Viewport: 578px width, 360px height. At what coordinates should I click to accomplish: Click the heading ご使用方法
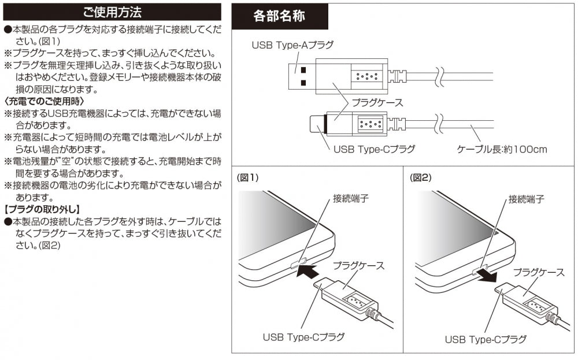click(x=112, y=12)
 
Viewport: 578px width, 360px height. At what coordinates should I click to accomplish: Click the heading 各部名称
click(x=279, y=16)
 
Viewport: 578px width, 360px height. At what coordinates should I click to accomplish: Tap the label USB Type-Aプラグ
click(x=292, y=44)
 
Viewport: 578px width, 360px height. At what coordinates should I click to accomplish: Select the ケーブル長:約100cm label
click(x=502, y=149)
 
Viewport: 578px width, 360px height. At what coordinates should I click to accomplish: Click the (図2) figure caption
click(x=421, y=178)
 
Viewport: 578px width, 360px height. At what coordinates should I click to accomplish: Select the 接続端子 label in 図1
click(x=351, y=199)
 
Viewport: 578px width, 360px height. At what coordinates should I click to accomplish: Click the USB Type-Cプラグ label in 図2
click(x=486, y=339)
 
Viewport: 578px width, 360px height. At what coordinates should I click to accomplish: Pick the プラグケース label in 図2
click(x=539, y=271)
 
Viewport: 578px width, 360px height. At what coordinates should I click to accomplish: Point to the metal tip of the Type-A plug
click(x=303, y=75)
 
